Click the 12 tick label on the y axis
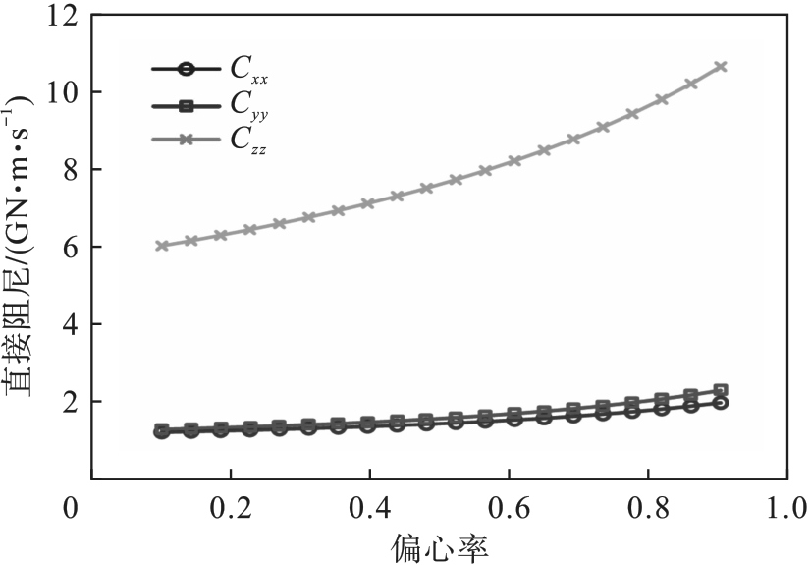point(62,17)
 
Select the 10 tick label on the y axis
point(62,93)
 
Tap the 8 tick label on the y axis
point(69,171)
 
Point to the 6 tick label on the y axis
point(69,248)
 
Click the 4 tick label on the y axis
point(69,325)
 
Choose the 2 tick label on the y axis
point(69,403)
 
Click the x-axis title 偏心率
point(438,544)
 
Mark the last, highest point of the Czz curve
point(721,66)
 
